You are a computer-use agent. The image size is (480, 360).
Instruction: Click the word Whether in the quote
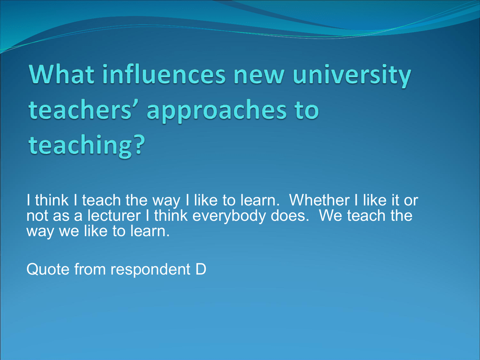[x=319, y=200]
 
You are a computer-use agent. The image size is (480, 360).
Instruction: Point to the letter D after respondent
[x=201, y=270]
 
